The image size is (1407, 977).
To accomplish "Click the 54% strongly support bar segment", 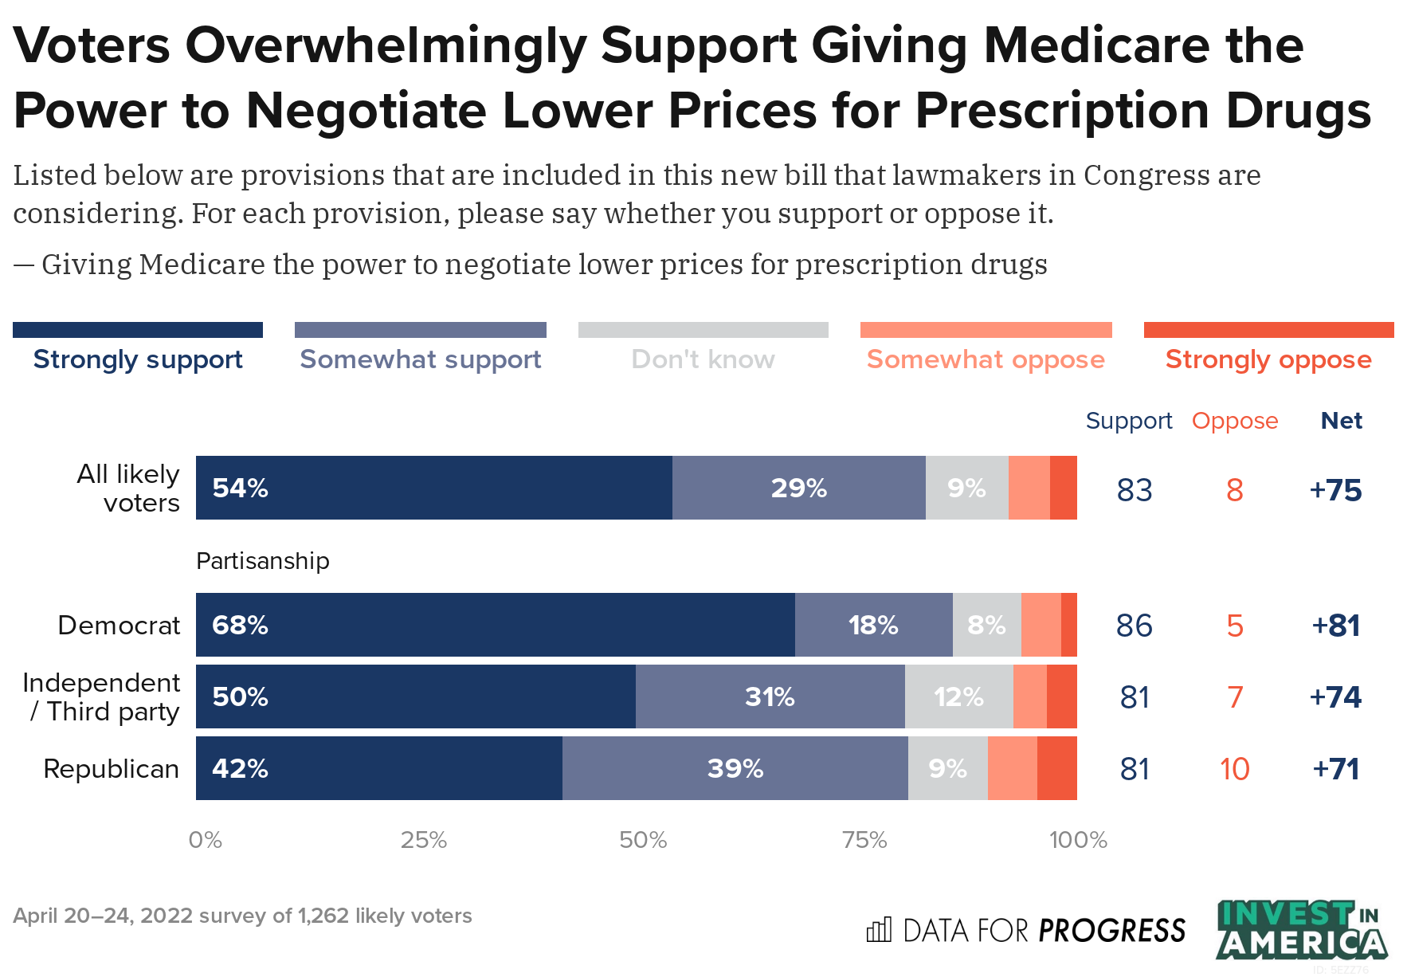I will (x=434, y=488).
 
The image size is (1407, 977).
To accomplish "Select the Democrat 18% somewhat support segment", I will (x=873, y=625).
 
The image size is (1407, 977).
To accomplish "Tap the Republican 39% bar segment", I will (x=735, y=768).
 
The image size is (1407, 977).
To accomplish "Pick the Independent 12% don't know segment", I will (x=958, y=696).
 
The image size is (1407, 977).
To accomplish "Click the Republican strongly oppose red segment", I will (x=1056, y=768).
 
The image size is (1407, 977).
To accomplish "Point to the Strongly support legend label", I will (x=138, y=359).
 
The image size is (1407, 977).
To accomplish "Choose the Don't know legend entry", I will (x=703, y=359).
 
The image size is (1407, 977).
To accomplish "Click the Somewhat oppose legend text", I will (x=986, y=359).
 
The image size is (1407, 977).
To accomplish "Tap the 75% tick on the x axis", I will (x=864, y=840).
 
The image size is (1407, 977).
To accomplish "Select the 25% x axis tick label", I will (x=424, y=840).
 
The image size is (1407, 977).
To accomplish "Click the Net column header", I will (x=1341, y=421).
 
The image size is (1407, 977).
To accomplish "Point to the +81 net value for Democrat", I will (x=1336, y=626).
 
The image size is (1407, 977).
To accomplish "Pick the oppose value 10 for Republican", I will (x=1234, y=769).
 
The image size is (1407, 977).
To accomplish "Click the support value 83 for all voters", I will (x=1135, y=490).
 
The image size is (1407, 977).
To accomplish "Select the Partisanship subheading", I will (x=263, y=561).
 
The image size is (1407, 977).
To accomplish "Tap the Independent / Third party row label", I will (x=102, y=696).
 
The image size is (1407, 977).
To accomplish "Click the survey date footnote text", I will (x=242, y=916).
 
